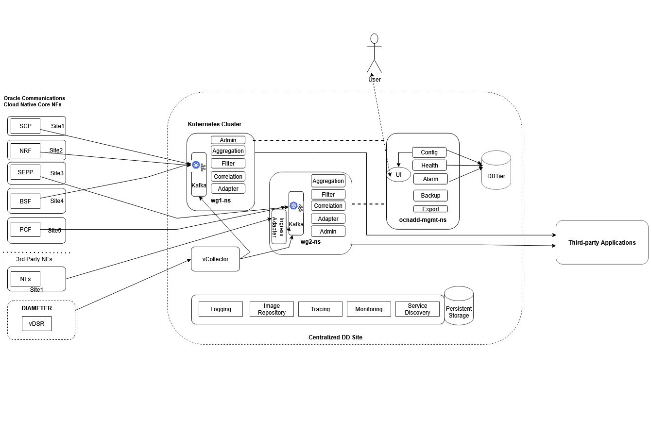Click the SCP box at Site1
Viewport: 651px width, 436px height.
click(x=25, y=126)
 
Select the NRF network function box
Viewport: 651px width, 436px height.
click(x=25, y=151)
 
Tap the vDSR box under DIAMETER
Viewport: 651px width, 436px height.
click(x=36, y=324)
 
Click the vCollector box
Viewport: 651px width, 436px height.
click(x=215, y=259)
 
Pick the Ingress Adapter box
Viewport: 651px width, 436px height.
click(x=278, y=227)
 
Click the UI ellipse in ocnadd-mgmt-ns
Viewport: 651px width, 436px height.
click(x=399, y=175)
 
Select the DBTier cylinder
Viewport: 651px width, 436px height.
click(x=496, y=170)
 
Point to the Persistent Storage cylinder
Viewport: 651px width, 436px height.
click(x=459, y=306)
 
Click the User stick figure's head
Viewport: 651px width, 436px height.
click(x=374, y=38)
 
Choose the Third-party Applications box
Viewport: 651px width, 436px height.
click(x=602, y=243)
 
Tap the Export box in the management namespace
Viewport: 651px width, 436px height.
click(x=430, y=209)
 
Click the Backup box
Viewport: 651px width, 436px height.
click(x=430, y=196)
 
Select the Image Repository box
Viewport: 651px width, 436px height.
click(x=272, y=309)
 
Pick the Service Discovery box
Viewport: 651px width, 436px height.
click(x=417, y=309)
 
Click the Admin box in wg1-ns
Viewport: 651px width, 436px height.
click(x=228, y=140)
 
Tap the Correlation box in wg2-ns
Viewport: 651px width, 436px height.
click(x=328, y=206)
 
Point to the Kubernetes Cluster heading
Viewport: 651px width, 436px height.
click(x=214, y=124)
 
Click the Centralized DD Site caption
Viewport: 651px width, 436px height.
click(x=335, y=337)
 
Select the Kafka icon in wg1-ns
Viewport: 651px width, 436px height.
click(x=196, y=165)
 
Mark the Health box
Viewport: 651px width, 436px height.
click(x=429, y=166)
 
